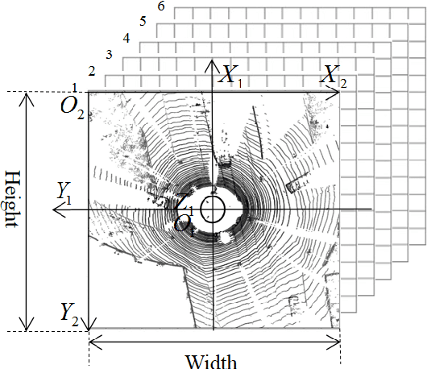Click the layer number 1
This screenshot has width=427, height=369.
click(x=75, y=87)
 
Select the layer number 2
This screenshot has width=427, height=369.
click(x=92, y=73)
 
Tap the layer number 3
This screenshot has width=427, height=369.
click(x=109, y=55)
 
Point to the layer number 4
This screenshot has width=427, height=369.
click(x=126, y=39)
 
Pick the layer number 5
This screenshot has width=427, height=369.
click(x=143, y=23)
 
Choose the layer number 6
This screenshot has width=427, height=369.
click(x=162, y=7)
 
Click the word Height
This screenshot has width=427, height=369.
click(x=10, y=199)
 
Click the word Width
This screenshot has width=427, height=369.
click(x=211, y=359)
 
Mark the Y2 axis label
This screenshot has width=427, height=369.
click(x=68, y=312)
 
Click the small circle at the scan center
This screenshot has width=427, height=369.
click(x=213, y=210)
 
